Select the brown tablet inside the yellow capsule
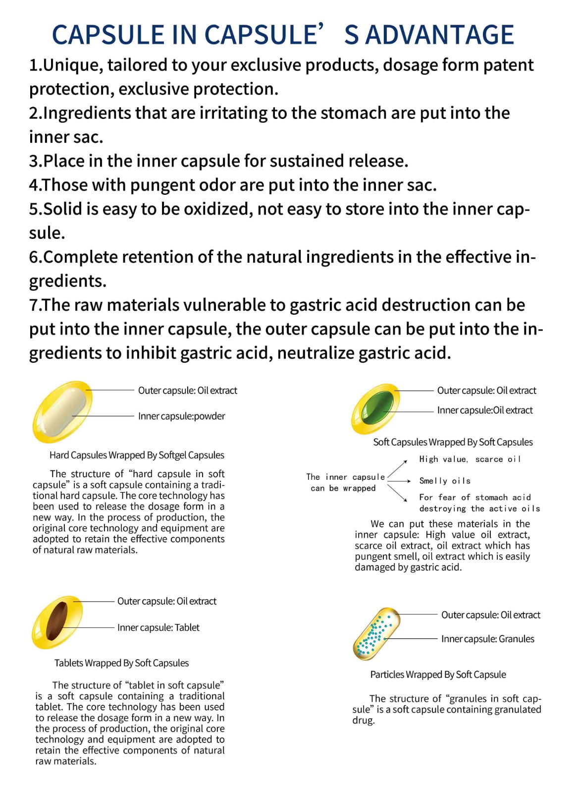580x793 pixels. point(57,621)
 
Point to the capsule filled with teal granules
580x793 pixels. point(376,633)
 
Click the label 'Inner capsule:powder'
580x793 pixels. point(181,416)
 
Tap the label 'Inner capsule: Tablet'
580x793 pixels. point(158,627)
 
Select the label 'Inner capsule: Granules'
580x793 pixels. point(487,639)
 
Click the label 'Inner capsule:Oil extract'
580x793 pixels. point(484,410)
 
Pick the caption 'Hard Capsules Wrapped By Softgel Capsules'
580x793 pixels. point(137,455)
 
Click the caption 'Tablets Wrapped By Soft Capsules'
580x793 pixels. point(121,663)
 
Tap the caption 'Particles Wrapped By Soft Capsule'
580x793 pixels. point(438,675)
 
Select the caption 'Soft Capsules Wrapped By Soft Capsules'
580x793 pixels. point(453,442)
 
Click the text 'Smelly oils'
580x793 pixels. point(445,481)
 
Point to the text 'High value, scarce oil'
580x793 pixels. point(470,459)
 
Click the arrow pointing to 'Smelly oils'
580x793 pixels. point(399,481)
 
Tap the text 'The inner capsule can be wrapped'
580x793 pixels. point(345,482)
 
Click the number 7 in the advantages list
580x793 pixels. point(33,305)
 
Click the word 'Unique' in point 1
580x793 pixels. point(73,65)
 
